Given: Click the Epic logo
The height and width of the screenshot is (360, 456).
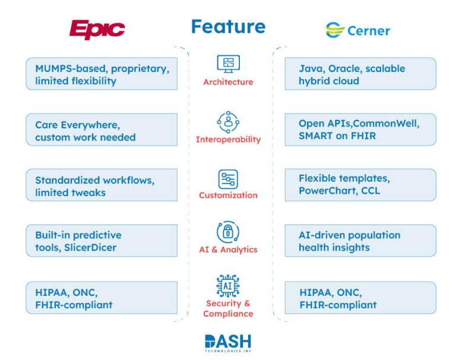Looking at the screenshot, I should tap(97, 29).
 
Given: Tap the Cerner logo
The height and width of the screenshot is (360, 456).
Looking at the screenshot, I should tap(357, 30).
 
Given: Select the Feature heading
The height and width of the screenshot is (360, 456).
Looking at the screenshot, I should tap(228, 27).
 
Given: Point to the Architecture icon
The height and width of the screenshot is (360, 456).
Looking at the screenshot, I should tap(228, 63).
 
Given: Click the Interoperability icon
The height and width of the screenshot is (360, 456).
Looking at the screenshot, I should tap(228, 121).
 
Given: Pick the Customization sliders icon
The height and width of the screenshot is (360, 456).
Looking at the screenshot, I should tap(228, 178).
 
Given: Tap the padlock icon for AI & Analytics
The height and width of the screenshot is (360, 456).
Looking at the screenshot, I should tap(228, 232).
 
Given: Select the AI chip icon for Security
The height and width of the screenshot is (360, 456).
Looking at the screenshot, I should tap(228, 285).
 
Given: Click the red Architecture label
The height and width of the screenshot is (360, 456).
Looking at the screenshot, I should tap(228, 82).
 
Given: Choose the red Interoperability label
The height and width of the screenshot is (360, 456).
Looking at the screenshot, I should tap(228, 140).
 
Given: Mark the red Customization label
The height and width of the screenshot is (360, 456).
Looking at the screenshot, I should tap(228, 195).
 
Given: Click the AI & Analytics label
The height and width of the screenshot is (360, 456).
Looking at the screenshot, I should tap(228, 250).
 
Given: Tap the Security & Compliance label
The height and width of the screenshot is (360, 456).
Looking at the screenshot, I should tap(228, 308).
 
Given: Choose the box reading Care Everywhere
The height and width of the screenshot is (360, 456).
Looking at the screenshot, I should tap(102, 130).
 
